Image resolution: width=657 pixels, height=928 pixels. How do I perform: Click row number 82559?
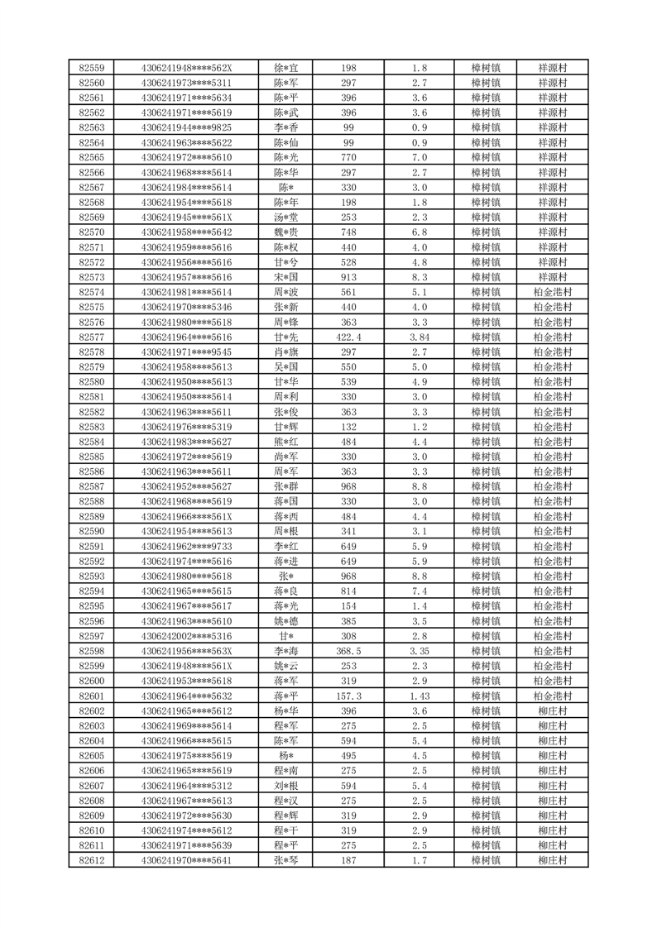coord(91,68)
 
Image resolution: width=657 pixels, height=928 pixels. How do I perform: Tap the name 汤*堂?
coord(285,218)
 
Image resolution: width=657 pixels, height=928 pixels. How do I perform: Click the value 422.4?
coord(348,337)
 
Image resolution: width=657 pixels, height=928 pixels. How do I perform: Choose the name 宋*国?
coord(285,277)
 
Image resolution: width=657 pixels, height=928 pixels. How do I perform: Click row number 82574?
coord(91,292)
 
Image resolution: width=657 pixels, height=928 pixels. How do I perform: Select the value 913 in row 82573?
coord(348,277)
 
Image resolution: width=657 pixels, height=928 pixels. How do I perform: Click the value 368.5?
coord(348,651)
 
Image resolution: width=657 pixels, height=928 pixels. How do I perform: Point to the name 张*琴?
coord(285,861)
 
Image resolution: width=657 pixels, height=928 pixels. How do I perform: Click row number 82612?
coord(91,861)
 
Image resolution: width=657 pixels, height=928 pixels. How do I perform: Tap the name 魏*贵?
coord(285,232)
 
